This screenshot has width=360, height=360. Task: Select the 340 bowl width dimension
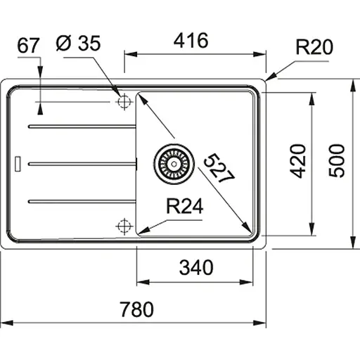(195, 267)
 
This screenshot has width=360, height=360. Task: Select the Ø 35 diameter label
(78, 43)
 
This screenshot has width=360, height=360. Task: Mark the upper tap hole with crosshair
(124, 102)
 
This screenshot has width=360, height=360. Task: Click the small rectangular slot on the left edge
(20, 162)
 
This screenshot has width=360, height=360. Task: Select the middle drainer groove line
(81, 163)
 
